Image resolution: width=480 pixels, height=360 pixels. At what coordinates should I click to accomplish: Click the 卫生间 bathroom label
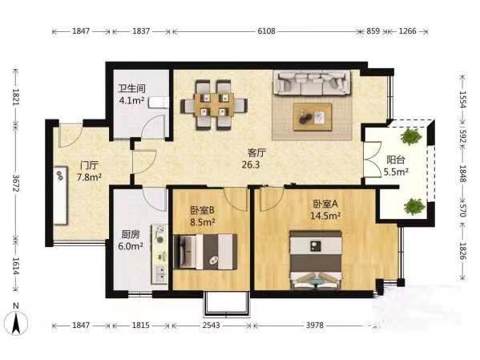tap(132, 88)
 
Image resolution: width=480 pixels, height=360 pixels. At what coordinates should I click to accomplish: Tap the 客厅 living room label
tap(256, 152)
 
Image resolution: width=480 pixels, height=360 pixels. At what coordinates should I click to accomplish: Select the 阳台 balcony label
tap(396, 160)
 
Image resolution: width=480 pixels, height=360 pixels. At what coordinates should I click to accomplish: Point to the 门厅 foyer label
tap(89, 165)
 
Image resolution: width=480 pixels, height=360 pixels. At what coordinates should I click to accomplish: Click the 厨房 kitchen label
tap(131, 234)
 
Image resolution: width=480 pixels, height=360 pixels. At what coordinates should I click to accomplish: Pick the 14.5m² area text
tap(325, 216)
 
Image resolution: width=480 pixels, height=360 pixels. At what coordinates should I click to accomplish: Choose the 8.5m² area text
tap(202, 222)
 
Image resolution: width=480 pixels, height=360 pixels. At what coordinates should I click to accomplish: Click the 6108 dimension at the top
tap(266, 31)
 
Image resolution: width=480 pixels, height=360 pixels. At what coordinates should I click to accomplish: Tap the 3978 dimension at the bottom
tap(315, 325)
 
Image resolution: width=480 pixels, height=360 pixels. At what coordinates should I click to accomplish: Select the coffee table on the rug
tap(313, 117)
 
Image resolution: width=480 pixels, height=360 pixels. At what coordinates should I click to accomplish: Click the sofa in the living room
tap(313, 83)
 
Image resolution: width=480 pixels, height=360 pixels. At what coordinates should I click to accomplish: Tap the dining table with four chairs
tap(214, 105)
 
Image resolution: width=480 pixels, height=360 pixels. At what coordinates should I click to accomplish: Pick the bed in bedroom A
tap(316, 260)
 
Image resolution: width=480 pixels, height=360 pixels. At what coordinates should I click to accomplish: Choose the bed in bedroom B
tap(205, 252)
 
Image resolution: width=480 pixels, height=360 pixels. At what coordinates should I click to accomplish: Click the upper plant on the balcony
tap(410, 136)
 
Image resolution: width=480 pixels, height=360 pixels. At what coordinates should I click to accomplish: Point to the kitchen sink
tap(160, 273)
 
